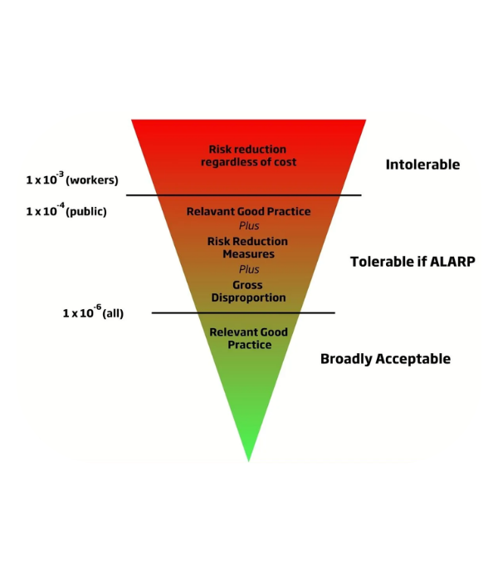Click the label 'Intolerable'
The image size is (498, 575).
422,165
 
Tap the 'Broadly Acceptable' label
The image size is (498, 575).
385,359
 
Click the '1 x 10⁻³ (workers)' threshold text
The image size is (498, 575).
71,179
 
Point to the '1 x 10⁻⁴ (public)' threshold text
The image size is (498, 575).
66,211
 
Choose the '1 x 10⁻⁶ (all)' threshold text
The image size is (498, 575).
93,313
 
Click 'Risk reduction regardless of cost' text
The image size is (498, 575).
248,155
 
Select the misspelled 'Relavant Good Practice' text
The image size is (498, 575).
248,212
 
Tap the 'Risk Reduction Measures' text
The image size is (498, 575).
248,248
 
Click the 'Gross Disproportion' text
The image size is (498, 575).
248,291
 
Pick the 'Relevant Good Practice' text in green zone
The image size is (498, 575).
248,338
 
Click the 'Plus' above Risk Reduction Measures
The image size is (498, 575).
249,226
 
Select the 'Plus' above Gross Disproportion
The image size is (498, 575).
249,270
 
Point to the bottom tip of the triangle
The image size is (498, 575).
248,460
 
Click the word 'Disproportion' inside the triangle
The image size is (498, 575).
248,297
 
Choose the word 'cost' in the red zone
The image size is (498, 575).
282,162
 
